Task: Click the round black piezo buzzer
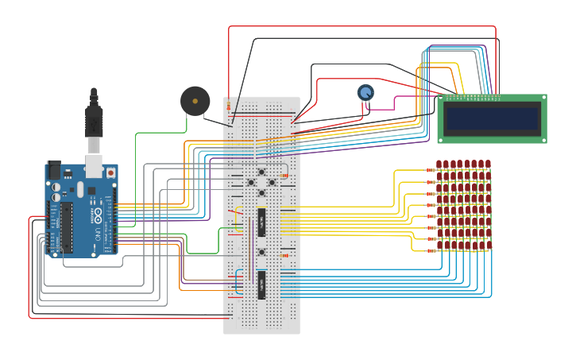195,101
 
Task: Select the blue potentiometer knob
365,93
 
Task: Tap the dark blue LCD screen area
492,119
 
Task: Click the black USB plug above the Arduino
94,119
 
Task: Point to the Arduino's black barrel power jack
54,169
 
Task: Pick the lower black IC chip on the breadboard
261,285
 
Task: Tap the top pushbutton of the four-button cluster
261,172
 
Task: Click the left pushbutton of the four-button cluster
251,183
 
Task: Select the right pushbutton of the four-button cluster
272,183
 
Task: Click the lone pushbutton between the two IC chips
261,253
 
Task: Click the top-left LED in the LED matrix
439,165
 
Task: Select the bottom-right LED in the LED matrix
488,245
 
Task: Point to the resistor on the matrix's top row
430,169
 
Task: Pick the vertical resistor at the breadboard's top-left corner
228,106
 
